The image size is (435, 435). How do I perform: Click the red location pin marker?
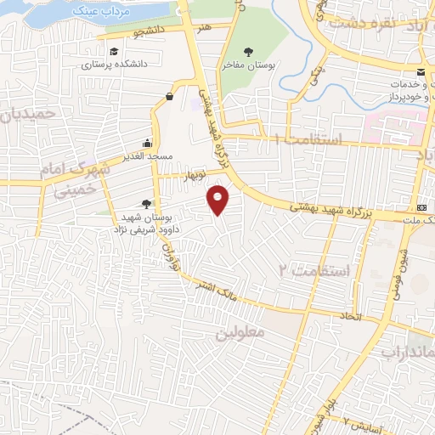(219, 200)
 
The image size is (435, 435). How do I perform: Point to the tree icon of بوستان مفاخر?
(248, 51)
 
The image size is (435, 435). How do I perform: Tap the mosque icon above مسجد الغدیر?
(149, 143)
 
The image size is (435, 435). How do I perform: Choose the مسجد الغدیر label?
(148, 157)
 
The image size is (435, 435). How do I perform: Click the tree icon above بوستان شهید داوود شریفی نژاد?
(147, 202)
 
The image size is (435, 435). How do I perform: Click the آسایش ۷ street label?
(367, 424)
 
